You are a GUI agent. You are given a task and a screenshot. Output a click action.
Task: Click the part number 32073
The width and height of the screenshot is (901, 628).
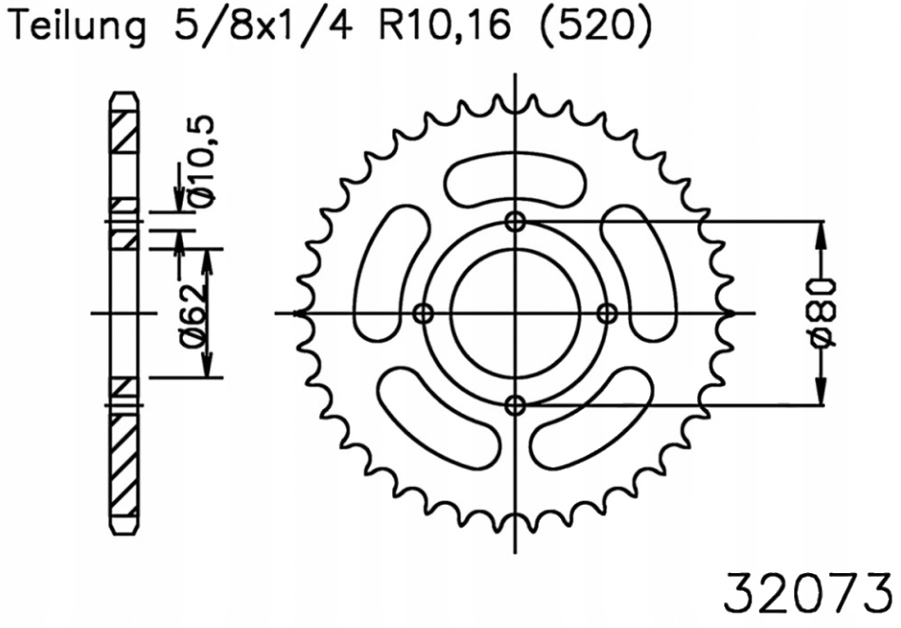pos(806,593)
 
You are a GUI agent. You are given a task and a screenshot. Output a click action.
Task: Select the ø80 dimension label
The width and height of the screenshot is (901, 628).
pos(823,314)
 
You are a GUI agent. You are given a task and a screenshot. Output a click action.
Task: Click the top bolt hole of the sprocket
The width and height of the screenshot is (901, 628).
pos(515,222)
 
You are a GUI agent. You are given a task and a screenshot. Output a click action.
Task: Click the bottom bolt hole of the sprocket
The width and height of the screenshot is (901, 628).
pos(515,405)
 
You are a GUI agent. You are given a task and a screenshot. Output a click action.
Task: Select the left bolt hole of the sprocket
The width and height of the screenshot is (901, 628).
pos(423,314)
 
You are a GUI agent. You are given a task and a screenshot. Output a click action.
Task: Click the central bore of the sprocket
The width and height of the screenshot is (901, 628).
pos(515,314)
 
